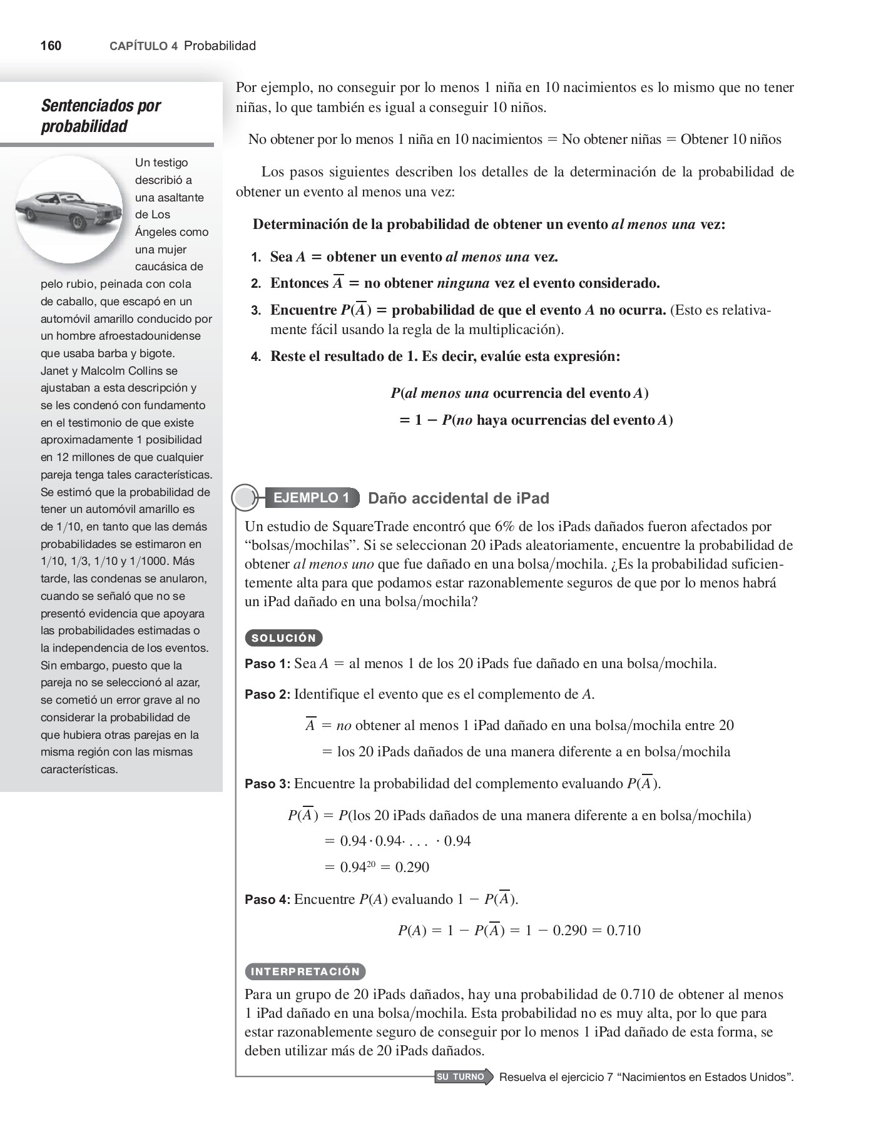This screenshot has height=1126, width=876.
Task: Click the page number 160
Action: click(x=51, y=46)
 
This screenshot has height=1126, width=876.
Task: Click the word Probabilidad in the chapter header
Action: click(x=220, y=46)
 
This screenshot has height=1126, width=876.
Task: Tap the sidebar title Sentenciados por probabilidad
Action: click(x=100, y=116)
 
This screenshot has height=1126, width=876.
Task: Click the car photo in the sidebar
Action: click(x=69, y=210)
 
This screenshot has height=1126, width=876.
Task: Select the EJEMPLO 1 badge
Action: click(x=311, y=498)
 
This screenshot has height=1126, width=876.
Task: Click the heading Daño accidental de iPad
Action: click(x=458, y=499)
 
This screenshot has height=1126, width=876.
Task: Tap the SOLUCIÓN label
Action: click(x=283, y=638)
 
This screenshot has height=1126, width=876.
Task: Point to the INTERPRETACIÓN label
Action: click(x=305, y=971)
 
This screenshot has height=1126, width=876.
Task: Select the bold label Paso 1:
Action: click(x=267, y=664)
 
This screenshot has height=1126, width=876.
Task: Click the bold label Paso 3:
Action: click(x=267, y=784)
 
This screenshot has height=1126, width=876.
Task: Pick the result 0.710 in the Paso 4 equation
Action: click(x=623, y=930)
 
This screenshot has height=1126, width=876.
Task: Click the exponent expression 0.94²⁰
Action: click(x=357, y=867)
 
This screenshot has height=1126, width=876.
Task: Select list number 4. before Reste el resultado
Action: click(x=255, y=357)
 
